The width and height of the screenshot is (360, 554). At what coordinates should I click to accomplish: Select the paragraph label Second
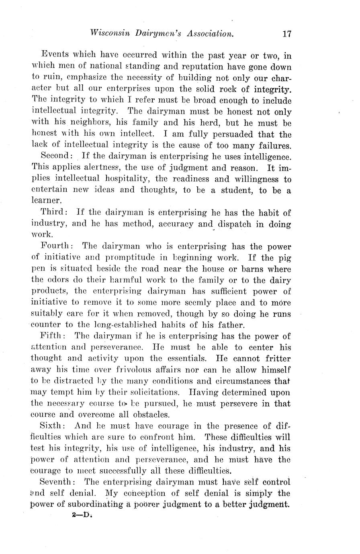56,156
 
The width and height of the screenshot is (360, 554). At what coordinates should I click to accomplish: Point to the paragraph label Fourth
56,246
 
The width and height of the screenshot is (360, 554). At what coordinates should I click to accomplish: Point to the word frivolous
132,370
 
